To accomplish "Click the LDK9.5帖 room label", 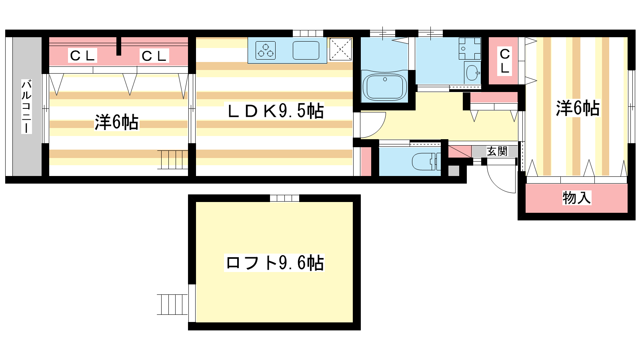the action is [276, 111].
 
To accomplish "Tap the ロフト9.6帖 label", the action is [275, 262].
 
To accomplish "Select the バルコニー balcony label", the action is [26, 107].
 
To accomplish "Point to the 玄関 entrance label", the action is [497, 151].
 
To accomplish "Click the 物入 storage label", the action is [576, 198].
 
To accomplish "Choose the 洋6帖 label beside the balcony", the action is [116, 122].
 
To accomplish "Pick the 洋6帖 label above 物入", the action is [578, 108].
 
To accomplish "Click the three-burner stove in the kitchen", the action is [266, 50].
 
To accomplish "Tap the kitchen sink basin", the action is [306, 50].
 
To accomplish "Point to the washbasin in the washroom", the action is [472, 73].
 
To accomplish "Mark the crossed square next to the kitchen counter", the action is [340, 49].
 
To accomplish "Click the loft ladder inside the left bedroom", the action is [172, 160].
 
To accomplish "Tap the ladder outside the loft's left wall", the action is [172, 304].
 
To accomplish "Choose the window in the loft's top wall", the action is [284, 198].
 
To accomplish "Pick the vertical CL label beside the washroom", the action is [505, 61].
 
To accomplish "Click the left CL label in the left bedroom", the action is [82, 56].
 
